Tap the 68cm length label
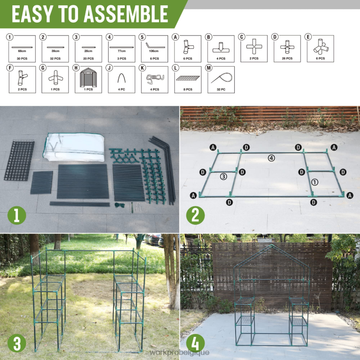(22, 51)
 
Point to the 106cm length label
(154, 51)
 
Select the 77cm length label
(121, 51)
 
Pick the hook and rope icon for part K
(155, 79)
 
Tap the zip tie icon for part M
(221, 79)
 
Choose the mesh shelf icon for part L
(187, 79)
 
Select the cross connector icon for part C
(254, 46)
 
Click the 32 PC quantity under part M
(221, 90)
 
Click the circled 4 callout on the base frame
(271, 158)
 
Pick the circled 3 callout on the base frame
(223, 177)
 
